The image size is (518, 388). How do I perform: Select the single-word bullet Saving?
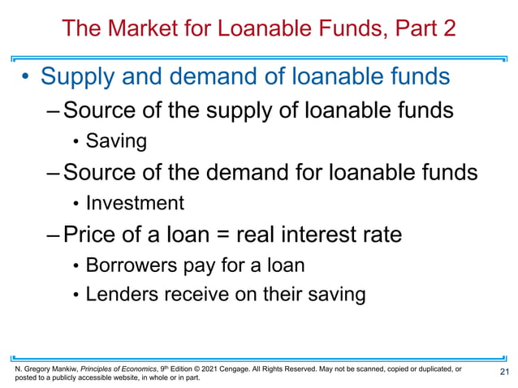tap(116, 141)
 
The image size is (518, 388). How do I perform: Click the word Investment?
tap(135, 203)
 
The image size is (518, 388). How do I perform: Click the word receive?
tap(195, 294)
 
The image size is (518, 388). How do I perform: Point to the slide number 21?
tap(503, 372)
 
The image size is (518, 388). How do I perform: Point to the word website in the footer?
tap(134, 378)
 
